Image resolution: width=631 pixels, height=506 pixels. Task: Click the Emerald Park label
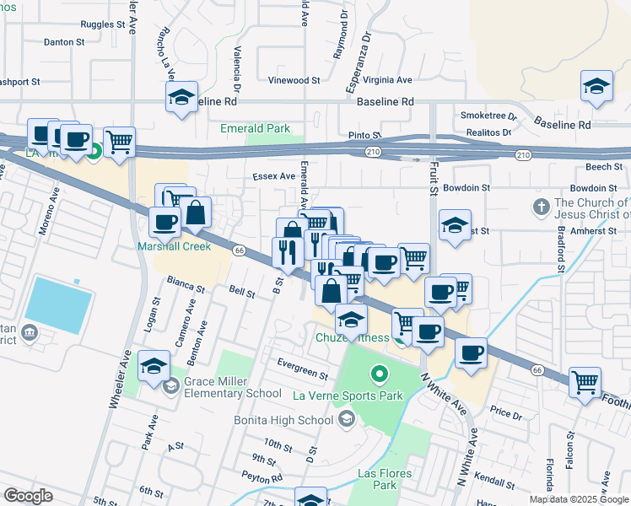255,129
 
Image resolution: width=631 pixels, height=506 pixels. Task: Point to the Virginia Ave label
386,80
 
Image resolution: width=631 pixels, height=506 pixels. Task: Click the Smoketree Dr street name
488,116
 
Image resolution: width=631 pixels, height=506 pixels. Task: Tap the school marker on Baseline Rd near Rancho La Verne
181,97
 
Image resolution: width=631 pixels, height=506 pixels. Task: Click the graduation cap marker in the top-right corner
596,86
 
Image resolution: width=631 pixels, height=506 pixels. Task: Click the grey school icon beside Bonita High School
346,419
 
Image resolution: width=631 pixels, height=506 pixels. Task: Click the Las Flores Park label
385,479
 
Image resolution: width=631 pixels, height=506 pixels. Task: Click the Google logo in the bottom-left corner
27,496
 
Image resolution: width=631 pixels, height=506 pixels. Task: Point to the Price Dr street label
506,414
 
